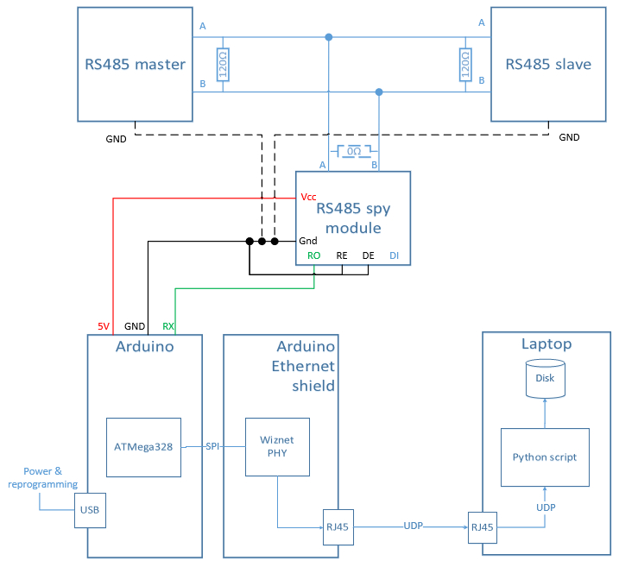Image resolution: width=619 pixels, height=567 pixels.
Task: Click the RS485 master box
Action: (135, 65)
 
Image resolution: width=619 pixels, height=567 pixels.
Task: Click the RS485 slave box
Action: (547, 65)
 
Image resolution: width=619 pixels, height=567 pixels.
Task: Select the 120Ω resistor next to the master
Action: (223, 65)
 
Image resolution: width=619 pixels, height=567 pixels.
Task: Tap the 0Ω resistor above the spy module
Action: (353, 152)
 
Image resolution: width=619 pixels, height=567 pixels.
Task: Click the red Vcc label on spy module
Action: (308, 197)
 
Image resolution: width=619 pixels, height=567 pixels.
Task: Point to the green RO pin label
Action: (313, 255)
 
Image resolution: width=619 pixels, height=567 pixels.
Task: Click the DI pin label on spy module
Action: (394, 255)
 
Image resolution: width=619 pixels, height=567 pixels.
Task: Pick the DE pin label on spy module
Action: (368, 255)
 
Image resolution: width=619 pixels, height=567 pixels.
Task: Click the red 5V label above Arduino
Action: (104, 326)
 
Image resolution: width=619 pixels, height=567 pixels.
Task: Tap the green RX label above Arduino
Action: (170, 326)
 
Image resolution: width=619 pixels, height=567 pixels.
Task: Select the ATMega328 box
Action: (144, 447)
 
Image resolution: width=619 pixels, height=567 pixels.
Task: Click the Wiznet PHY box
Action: (276, 447)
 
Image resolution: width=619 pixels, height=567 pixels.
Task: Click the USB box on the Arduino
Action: (90, 510)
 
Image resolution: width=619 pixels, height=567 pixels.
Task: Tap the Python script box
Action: (545, 457)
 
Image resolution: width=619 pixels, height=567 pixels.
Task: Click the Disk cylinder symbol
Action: (545, 379)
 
